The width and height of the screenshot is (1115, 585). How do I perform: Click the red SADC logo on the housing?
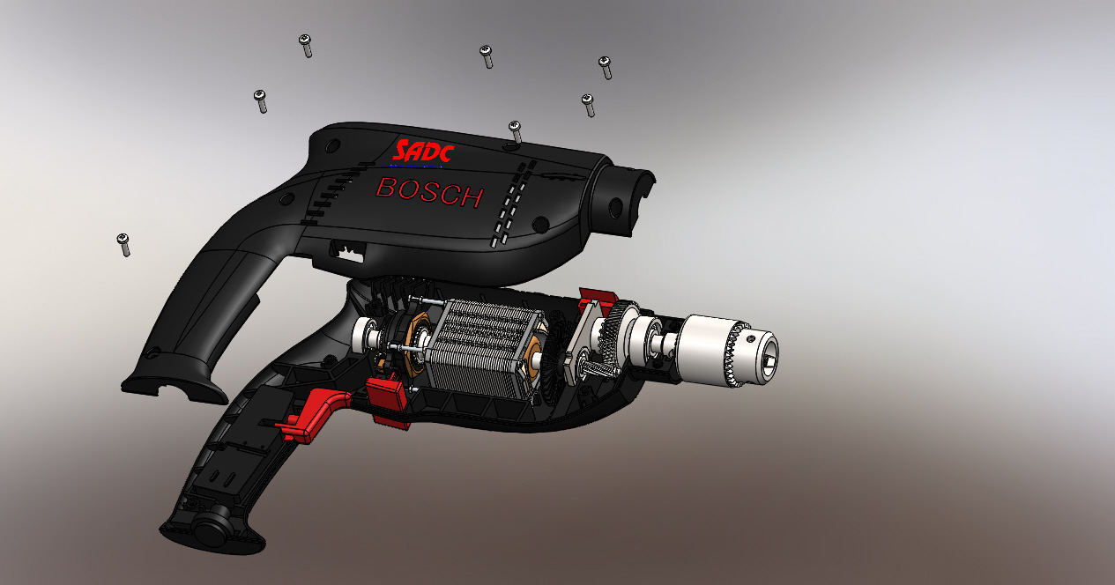(x=424, y=152)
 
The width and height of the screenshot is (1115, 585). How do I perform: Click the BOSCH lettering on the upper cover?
(x=429, y=192)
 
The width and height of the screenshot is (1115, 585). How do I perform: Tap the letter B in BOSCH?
(x=386, y=187)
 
